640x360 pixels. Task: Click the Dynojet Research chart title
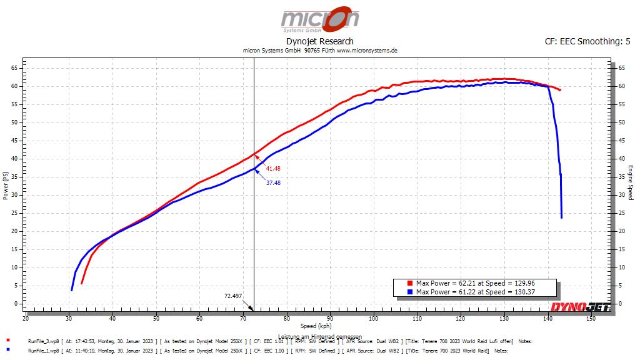(x=319, y=41)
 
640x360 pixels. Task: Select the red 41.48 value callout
(x=273, y=169)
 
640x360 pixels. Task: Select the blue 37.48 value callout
(x=273, y=183)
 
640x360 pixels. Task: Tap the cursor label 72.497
(x=232, y=296)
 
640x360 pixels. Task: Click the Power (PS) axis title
(x=6, y=186)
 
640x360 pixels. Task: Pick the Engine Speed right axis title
(x=631, y=182)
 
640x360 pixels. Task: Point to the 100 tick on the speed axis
(x=373, y=319)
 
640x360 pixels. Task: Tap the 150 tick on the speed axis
(x=591, y=319)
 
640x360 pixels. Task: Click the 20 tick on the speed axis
(x=26, y=319)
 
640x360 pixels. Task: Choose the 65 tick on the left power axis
(x=14, y=67)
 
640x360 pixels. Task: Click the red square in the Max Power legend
(x=409, y=283)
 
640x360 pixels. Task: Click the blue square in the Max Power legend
(x=409, y=292)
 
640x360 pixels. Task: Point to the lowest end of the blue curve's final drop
(x=561, y=217)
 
